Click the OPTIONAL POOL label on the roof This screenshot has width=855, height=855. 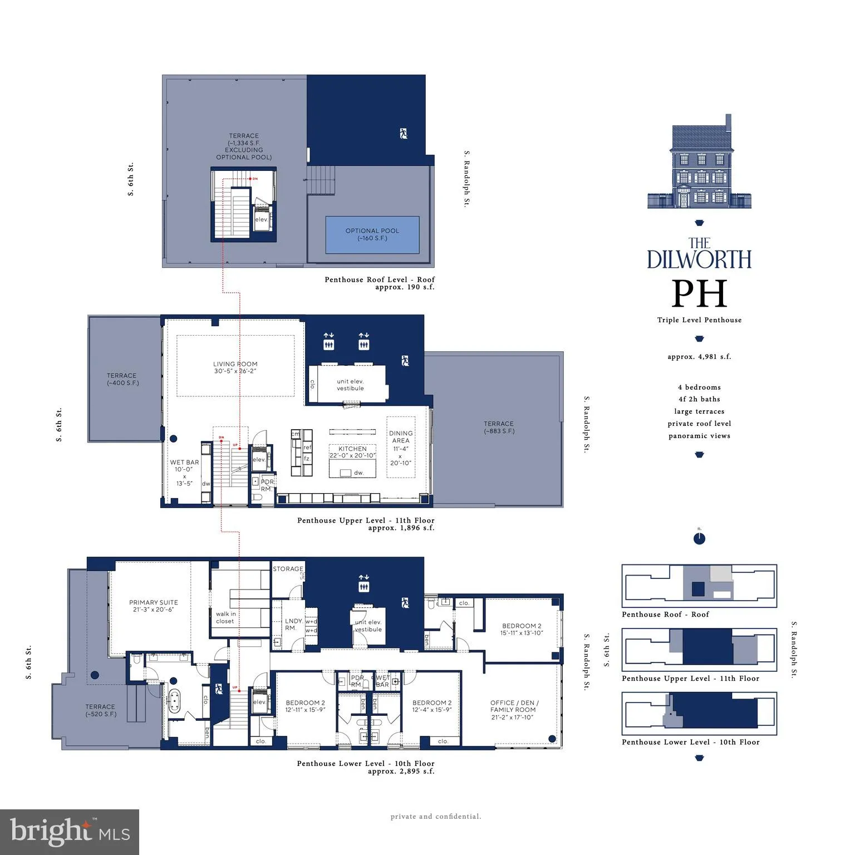[372, 234]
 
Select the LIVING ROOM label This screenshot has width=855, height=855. [235, 367]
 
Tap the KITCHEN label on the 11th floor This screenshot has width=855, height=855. [352, 452]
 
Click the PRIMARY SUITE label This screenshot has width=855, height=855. [154, 606]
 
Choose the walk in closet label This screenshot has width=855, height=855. [225, 617]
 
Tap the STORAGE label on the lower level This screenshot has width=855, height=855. [288, 569]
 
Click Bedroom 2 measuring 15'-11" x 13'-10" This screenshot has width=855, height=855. [522, 630]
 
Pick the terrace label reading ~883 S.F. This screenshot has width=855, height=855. [499, 427]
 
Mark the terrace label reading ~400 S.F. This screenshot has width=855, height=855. [122, 379]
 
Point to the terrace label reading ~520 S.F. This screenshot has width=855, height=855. [101, 710]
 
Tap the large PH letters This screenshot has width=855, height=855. [699, 293]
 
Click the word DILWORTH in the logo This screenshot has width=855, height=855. [699, 259]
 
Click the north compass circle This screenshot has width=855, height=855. [699, 539]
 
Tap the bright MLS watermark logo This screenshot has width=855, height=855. [70, 832]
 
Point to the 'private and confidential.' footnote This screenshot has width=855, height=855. [436, 817]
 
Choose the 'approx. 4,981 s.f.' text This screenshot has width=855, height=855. [699, 357]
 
